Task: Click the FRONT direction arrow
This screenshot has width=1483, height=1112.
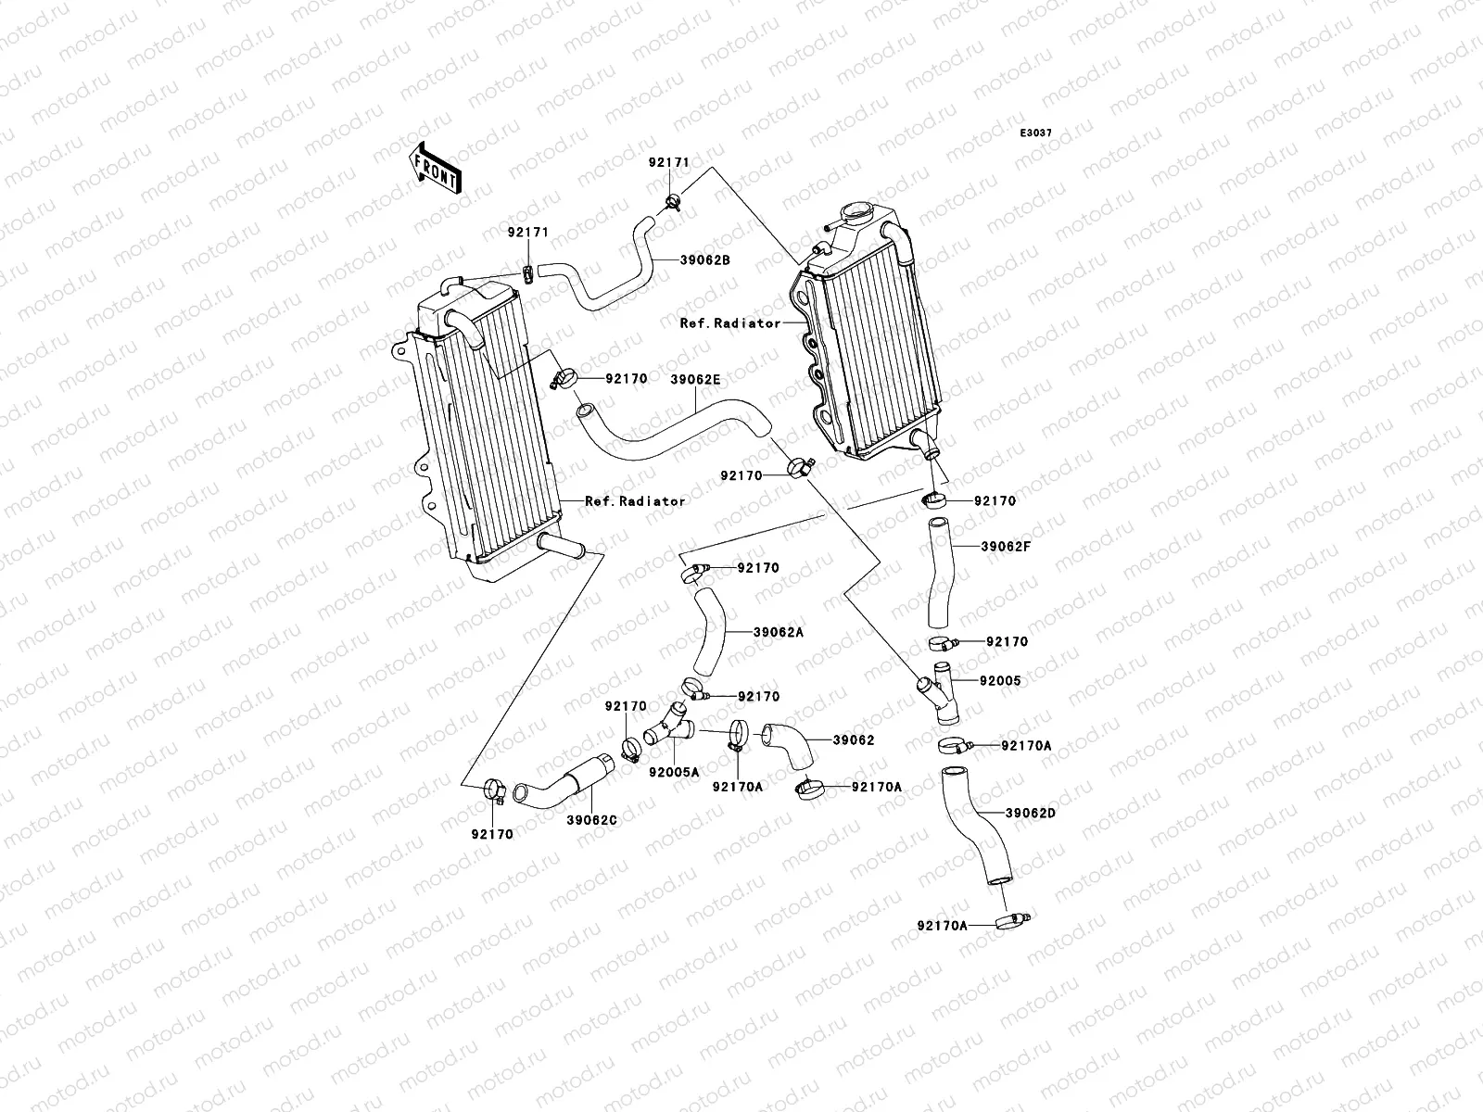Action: click(435, 168)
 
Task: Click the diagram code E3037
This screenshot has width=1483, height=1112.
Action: click(1036, 133)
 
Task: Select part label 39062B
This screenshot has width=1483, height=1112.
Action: click(707, 260)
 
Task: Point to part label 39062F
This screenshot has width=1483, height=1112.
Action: click(1006, 546)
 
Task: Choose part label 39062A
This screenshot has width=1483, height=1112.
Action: click(778, 631)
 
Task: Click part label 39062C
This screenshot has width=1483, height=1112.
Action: click(592, 819)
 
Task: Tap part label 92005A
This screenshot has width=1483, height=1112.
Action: click(674, 771)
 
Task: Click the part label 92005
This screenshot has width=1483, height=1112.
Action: click(999, 680)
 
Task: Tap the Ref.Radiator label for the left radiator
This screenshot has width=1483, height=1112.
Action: click(635, 500)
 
